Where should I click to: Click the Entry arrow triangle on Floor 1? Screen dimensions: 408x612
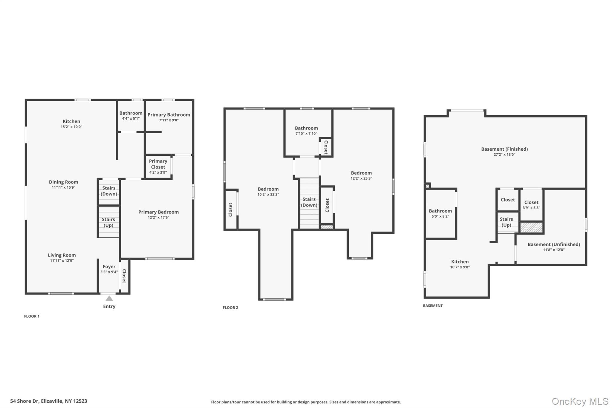(x=109, y=298)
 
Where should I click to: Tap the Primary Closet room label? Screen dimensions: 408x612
(x=158, y=164)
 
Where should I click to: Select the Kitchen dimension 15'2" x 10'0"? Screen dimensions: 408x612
(x=71, y=127)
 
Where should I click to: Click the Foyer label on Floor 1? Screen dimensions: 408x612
(x=109, y=267)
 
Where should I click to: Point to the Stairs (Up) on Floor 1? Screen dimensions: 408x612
(x=108, y=222)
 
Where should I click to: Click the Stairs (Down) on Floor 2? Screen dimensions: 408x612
(x=309, y=202)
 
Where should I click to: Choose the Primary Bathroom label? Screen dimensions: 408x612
(x=169, y=115)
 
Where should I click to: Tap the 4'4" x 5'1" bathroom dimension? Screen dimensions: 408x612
(x=131, y=118)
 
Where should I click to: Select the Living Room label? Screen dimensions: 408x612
(x=62, y=255)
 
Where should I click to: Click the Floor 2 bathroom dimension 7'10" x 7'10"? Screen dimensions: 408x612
(x=306, y=134)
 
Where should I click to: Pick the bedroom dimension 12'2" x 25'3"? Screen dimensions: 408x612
(x=361, y=178)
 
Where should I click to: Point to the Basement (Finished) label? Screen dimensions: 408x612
(x=504, y=149)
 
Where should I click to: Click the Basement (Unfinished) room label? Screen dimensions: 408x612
(x=554, y=244)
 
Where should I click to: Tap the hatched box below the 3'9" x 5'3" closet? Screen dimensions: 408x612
(x=531, y=227)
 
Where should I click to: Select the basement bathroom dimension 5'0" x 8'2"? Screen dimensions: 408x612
(x=440, y=216)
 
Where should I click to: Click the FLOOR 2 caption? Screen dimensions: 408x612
(x=230, y=308)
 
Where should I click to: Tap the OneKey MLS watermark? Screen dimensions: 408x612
(x=580, y=401)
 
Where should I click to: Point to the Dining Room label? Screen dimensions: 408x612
(x=63, y=182)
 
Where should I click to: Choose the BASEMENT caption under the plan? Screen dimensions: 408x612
(x=433, y=305)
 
